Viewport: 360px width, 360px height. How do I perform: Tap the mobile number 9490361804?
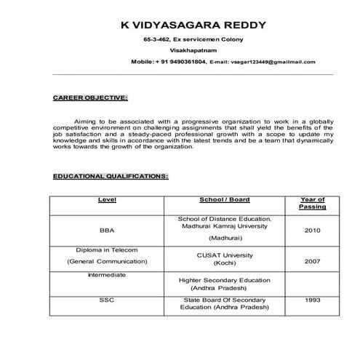click(180, 62)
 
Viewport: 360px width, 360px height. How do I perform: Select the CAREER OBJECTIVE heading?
click(91, 97)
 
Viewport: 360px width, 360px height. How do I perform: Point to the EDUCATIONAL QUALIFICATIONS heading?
click(111, 176)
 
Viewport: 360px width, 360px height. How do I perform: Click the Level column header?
click(107, 199)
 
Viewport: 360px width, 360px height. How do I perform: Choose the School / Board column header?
click(225, 199)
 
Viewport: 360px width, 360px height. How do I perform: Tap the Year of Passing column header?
click(312, 203)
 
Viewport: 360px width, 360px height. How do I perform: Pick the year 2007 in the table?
click(312, 260)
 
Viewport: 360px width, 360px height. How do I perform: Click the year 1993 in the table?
click(312, 299)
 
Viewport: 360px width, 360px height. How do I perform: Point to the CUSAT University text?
click(225, 255)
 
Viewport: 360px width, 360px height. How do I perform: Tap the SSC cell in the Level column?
click(107, 299)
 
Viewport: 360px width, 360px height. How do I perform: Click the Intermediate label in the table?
click(107, 275)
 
